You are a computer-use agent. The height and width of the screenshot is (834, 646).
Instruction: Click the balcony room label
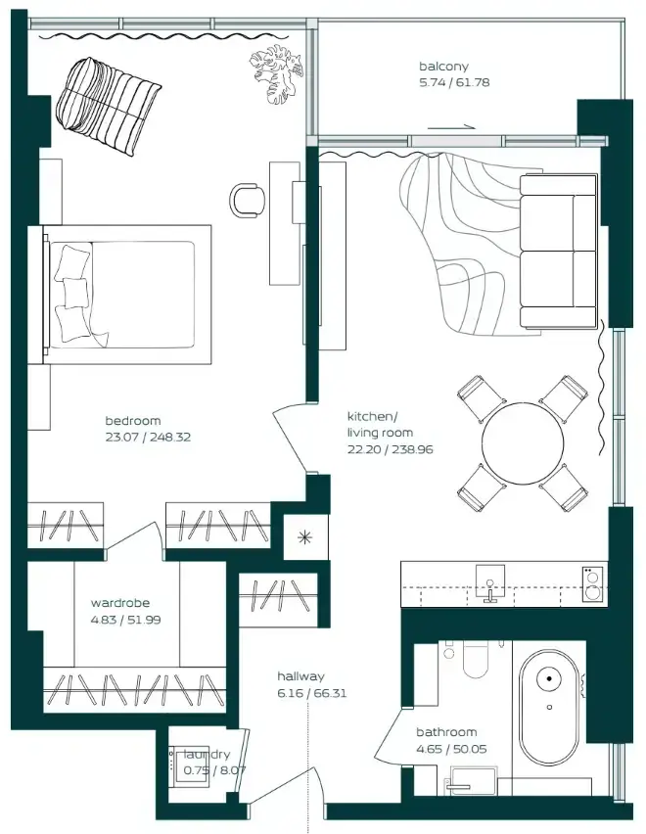443,67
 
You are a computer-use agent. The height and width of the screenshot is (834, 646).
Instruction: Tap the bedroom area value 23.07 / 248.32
148,438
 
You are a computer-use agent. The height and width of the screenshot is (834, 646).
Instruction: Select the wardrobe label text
120,603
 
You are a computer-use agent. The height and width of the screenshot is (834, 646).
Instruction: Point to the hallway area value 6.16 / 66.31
311,694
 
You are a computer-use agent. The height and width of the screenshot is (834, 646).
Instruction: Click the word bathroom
446,732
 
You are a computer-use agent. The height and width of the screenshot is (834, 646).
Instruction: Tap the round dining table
522,443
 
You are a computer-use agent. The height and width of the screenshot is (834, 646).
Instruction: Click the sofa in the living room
558,251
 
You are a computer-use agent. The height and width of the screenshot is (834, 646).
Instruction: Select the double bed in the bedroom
126,295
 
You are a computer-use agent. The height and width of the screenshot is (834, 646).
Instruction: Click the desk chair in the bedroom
248,200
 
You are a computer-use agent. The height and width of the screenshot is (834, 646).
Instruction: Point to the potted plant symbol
277,74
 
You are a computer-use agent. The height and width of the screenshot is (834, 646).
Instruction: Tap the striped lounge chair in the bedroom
108,107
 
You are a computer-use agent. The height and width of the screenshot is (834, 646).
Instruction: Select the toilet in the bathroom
476,659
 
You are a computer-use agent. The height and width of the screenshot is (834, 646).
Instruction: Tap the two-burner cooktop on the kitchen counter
593,584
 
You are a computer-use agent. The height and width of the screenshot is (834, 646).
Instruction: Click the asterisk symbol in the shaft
304,537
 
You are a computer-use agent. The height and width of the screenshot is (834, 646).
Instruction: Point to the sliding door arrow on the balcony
451,127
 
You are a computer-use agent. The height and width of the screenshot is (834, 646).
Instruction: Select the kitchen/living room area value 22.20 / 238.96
391,449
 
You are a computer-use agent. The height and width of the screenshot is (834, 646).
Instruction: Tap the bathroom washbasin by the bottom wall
473,781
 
